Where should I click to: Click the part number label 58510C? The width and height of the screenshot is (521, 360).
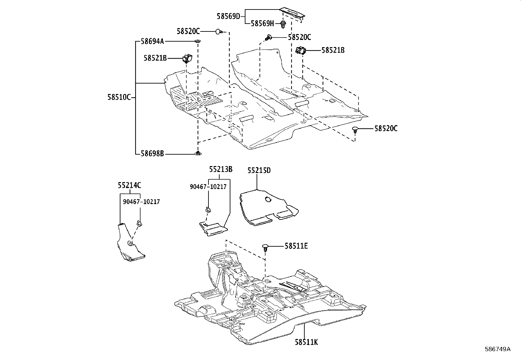[119, 97]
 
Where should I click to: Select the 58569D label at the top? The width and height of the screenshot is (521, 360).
[228, 16]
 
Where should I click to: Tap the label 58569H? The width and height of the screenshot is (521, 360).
[262, 23]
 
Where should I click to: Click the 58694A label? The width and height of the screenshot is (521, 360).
[153, 41]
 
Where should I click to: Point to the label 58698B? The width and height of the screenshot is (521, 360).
[152, 153]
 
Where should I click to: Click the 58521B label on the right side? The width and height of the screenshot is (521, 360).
[333, 50]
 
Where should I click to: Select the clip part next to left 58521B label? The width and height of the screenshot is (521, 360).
[187, 59]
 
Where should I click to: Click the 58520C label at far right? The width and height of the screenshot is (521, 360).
[386, 129]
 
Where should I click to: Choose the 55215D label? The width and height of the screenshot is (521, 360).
[259, 170]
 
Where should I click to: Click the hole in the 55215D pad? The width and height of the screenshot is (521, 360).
[268, 199]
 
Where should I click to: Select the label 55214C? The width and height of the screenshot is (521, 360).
[129, 185]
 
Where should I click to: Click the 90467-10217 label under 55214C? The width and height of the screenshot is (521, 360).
[141, 202]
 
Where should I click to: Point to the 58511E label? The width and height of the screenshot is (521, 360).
[296, 246]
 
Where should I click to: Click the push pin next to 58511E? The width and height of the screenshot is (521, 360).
[266, 247]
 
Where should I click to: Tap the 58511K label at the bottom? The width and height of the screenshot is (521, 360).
[306, 342]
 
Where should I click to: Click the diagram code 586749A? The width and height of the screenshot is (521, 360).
[497, 349]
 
